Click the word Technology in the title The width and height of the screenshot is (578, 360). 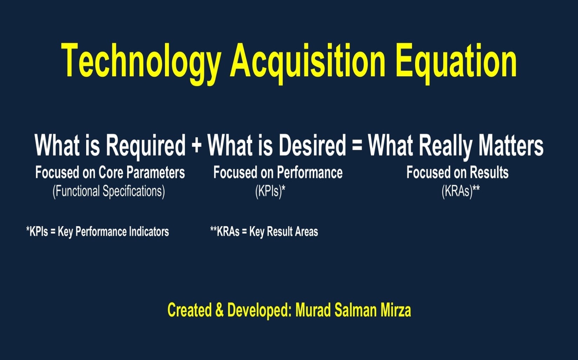click(x=141, y=64)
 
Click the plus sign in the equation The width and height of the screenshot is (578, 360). click(x=197, y=145)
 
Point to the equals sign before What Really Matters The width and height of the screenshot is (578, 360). click(x=357, y=145)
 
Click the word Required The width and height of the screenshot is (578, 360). click(x=146, y=146)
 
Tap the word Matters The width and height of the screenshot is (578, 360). click(x=511, y=145)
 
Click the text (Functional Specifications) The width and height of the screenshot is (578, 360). click(x=109, y=192)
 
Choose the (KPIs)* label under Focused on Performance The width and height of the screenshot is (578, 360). click(x=270, y=192)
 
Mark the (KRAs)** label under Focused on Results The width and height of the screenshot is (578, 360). click(x=461, y=192)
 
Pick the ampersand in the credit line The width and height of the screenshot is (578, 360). click(x=219, y=310)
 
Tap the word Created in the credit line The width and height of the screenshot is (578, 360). click(x=189, y=310)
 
